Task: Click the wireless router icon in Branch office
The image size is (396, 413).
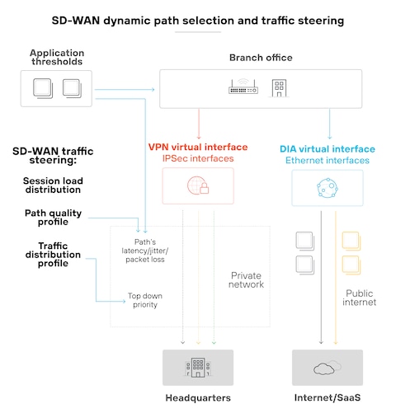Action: (x=243, y=87)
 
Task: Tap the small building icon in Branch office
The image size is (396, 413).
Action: (x=279, y=88)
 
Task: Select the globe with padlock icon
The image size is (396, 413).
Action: (x=198, y=185)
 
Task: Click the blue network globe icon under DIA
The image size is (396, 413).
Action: (x=328, y=188)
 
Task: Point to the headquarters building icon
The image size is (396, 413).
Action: (x=198, y=367)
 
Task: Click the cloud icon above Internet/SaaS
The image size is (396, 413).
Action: (x=328, y=368)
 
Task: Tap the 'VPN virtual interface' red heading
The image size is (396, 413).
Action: (x=198, y=147)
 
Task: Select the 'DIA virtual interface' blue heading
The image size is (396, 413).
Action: (x=328, y=149)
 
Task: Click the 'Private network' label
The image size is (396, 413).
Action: (x=246, y=279)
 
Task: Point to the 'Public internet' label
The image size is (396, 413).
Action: (x=359, y=298)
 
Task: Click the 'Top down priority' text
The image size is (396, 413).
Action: (x=145, y=300)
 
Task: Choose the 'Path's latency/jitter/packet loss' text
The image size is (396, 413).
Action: (x=145, y=251)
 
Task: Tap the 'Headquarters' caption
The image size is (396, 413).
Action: (x=198, y=397)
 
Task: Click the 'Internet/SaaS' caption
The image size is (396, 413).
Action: (x=328, y=397)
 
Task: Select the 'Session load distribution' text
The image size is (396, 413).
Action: (x=53, y=185)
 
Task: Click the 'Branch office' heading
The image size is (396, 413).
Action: (x=261, y=58)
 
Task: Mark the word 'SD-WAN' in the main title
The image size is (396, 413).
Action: (x=76, y=21)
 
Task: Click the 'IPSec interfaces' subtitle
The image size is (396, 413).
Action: (x=198, y=158)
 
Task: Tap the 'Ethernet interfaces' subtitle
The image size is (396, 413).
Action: (x=328, y=160)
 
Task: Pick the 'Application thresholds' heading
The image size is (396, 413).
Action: (x=57, y=57)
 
